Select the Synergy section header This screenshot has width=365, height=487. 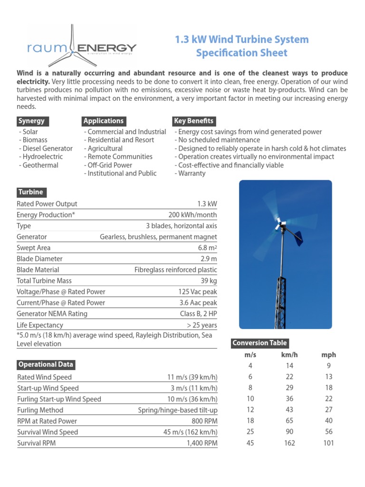coord(31,121)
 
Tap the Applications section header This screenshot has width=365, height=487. coord(104,121)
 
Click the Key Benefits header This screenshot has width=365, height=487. coord(193,121)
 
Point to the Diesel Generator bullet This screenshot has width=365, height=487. coord(46,148)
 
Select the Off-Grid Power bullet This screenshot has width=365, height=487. coord(108,165)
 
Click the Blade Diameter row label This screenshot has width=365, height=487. coord(39,259)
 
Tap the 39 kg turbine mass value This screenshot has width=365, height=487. coord(209,281)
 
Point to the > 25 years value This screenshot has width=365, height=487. coord(202,325)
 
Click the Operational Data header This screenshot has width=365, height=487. coord(46,365)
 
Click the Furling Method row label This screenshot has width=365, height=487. coord(40,410)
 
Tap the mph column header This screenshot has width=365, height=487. coord(328,355)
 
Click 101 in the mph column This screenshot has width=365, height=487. coord(328,443)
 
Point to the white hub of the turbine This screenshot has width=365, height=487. coord(280,224)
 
